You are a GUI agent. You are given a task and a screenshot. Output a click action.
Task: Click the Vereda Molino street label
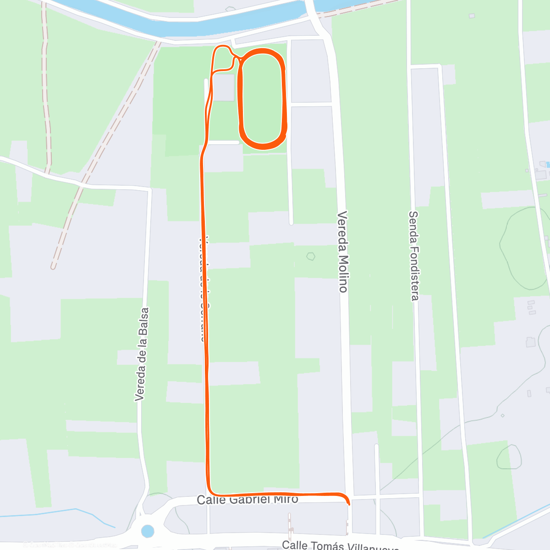(x=342, y=252)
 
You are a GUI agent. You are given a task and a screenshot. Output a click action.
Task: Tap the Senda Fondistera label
(x=414, y=256)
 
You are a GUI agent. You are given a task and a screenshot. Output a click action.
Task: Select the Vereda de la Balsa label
(x=142, y=354)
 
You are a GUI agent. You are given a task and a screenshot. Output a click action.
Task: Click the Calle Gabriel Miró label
(x=247, y=499)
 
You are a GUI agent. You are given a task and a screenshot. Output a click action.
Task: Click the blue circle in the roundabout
(x=148, y=531)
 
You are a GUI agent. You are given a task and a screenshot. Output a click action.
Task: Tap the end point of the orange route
(x=349, y=504)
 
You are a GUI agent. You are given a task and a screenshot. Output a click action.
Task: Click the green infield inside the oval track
(x=263, y=98)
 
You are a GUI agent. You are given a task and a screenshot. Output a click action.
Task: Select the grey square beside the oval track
(x=224, y=87)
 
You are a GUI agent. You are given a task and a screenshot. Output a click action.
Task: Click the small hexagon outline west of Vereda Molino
(x=311, y=256)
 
